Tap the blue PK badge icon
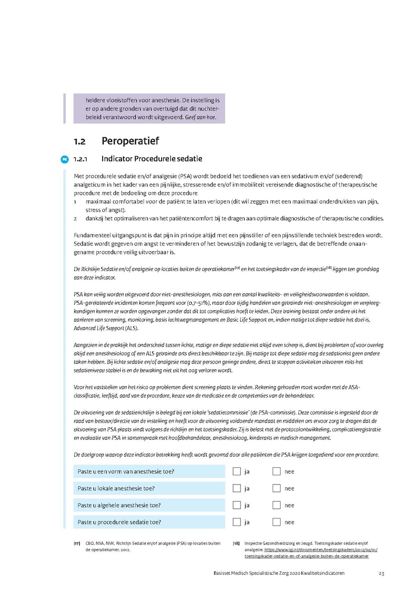click(64, 160)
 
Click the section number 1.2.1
click(81, 159)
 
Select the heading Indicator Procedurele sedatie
click(152, 159)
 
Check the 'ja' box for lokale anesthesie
click(237, 488)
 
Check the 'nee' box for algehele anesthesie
click(277, 505)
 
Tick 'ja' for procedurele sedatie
click(237, 522)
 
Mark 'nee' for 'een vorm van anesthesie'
click(277, 472)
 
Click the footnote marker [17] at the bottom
click(77, 543)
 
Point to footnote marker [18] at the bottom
click(236, 543)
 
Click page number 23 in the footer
click(381, 573)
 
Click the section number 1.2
click(79, 141)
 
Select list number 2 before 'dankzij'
click(75, 219)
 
